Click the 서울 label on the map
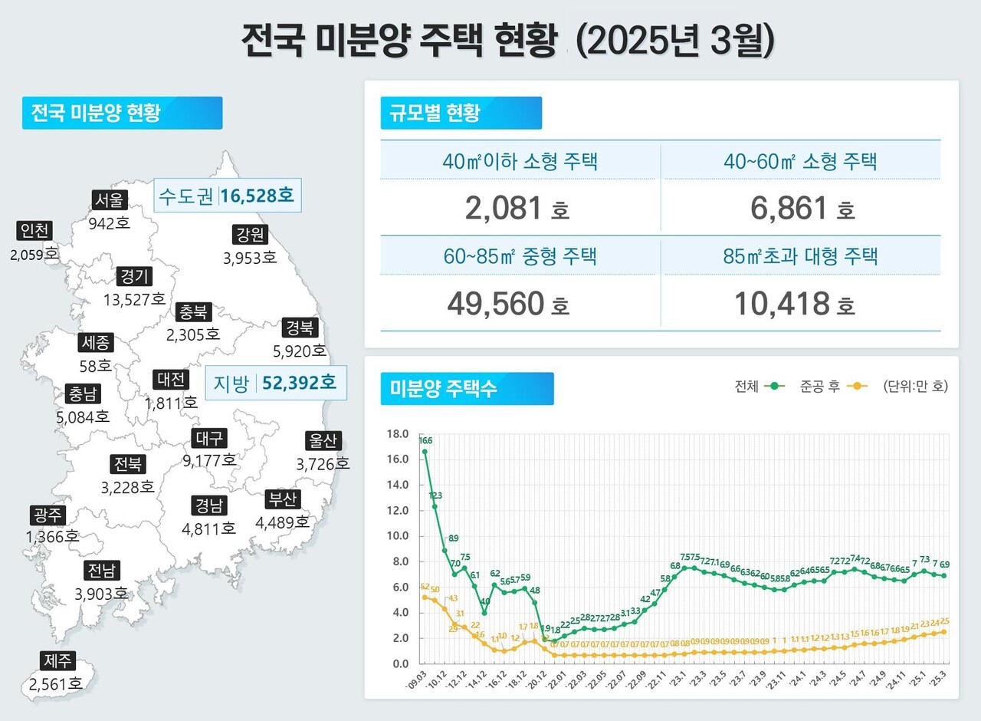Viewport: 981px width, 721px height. point(108,200)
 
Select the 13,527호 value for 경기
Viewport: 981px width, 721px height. point(134,299)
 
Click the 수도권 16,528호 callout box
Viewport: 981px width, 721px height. point(227,196)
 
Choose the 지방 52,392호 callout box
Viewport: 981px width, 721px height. point(276,383)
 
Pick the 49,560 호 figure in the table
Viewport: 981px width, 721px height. point(507,304)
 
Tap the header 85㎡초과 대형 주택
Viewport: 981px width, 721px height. point(801,256)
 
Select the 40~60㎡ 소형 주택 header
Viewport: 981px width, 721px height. point(801,161)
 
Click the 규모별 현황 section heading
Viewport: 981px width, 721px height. point(461,113)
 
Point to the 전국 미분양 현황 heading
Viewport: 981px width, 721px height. point(122,113)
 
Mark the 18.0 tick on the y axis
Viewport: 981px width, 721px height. point(399,433)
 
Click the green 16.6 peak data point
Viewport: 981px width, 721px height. point(425,452)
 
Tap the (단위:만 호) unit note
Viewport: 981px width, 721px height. point(915,387)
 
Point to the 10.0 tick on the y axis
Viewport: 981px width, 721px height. point(399,535)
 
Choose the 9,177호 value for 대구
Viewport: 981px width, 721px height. point(209,460)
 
